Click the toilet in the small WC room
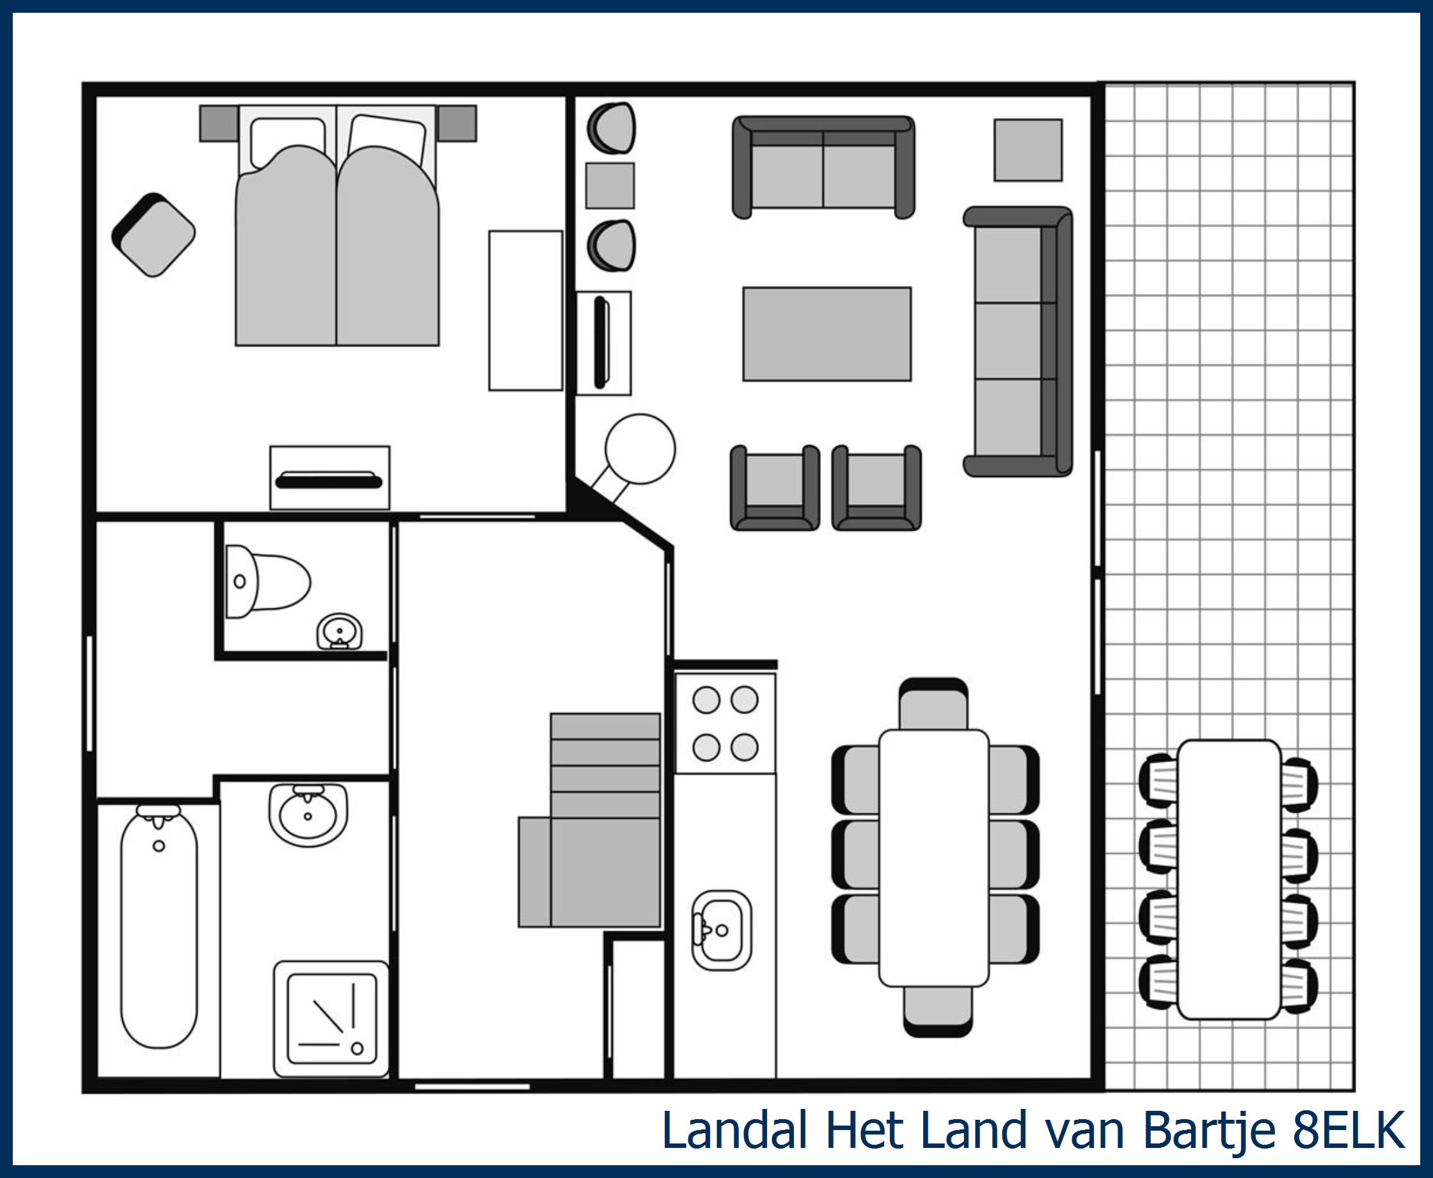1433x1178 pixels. click(x=267, y=582)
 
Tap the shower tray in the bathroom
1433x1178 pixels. click(x=331, y=1019)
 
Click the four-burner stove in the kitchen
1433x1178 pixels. click(x=725, y=723)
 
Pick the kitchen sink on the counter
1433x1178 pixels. click(x=722, y=931)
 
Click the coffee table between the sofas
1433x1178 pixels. click(x=827, y=334)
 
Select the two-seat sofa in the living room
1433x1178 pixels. click(x=823, y=167)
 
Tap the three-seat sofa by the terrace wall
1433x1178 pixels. click(x=1018, y=342)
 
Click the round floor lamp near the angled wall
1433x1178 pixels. click(x=640, y=449)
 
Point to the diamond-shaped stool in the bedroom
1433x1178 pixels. click(x=154, y=235)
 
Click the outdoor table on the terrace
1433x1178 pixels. click(x=1229, y=879)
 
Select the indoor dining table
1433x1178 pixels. click(x=934, y=858)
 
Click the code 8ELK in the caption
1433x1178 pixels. click(x=1349, y=1131)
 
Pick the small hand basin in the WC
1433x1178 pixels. click(x=340, y=632)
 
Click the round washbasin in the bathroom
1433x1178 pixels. click(x=308, y=814)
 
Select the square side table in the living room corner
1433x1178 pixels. click(x=1029, y=150)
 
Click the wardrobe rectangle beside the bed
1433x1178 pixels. click(x=526, y=311)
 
